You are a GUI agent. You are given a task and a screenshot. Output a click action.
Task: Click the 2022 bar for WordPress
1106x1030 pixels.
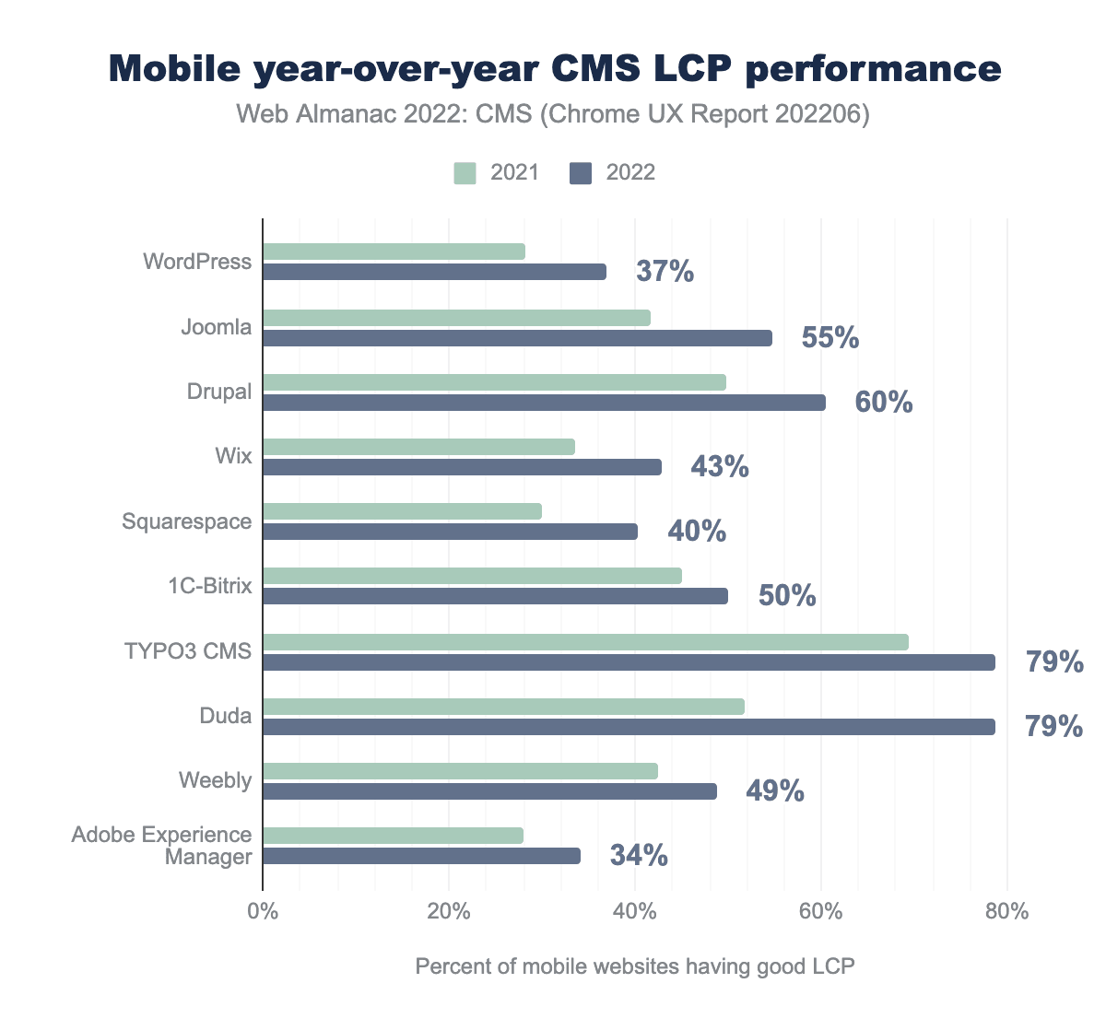434,272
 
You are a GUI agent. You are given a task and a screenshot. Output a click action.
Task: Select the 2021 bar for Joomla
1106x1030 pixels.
456,318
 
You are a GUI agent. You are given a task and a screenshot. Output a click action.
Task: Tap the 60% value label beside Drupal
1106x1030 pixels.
884,403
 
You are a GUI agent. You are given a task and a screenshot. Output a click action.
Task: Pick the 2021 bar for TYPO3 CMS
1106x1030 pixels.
585,642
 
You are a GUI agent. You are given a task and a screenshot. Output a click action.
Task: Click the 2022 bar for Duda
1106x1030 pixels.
629,727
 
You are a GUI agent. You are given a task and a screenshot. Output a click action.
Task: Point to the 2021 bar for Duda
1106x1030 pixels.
503,707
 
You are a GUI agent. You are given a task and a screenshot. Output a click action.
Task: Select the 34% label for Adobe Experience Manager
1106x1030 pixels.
639,856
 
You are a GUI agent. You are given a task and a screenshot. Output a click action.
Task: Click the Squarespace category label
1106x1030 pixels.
187,521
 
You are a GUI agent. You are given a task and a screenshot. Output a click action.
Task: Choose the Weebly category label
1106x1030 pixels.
215,780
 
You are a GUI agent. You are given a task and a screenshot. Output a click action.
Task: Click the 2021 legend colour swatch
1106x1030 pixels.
465,173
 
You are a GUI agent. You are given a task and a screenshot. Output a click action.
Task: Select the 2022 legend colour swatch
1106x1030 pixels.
581,173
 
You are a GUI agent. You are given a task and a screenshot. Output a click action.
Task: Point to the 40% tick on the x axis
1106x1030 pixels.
635,913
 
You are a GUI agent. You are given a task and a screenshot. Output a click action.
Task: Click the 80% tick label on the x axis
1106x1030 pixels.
1006,913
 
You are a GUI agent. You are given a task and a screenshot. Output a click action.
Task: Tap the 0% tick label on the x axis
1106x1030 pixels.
263,913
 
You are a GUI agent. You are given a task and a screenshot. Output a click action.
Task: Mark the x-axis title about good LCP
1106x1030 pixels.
635,966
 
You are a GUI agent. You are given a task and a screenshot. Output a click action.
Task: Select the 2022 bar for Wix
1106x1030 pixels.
462,467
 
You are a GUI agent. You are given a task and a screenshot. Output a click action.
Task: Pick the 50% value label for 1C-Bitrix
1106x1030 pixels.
787,596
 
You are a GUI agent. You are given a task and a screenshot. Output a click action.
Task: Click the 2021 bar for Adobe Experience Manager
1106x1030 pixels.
393,836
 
